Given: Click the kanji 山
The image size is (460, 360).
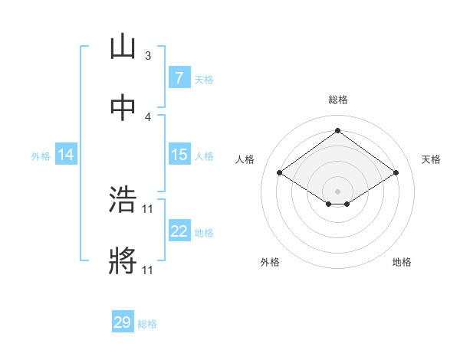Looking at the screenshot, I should click(x=123, y=47).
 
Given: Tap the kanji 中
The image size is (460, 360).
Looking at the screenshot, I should click(x=123, y=109).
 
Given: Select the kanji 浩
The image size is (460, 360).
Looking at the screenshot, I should click(x=123, y=201).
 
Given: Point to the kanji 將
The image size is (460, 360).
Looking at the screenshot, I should click(x=123, y=262).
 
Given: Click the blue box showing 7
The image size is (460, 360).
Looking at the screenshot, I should click(x=179, y=78).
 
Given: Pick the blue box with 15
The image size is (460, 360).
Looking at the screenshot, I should click(x=179, y=155).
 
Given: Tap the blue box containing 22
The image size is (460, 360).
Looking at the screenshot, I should click(x=179, y=231).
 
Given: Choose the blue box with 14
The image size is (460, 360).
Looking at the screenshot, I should click(x=66, y=155).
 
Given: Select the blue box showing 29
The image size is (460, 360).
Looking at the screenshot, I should click(x=123, y=322).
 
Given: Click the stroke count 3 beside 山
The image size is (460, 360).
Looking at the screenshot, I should click(x=148, y=56).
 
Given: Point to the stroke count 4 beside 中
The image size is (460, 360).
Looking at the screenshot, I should click(x=148, y=117).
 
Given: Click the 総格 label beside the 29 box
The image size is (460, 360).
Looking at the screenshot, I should click(x=147, y=324).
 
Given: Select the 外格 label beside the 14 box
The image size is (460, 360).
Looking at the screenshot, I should click(x=41, y=155).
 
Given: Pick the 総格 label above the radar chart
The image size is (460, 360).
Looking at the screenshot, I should click(x=337, y=100).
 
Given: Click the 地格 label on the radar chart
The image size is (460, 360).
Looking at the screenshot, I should click(x=402, y=263).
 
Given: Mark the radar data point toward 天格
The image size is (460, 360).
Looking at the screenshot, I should click(x=396, y=173).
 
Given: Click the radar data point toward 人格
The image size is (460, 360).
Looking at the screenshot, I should click(x=280, y=173).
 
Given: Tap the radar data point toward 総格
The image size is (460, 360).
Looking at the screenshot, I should click(x=337, y=131).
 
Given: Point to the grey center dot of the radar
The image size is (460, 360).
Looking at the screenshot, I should click(x=337, y=190).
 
